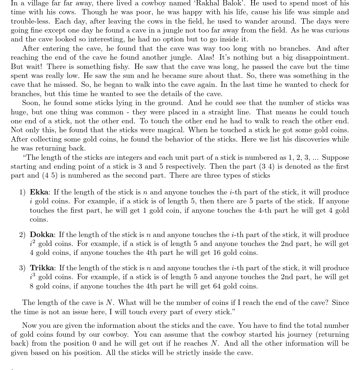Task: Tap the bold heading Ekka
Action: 39,192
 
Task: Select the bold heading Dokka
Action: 42,235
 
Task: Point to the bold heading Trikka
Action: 42,268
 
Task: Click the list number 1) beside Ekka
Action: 22,192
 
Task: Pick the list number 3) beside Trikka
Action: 22,268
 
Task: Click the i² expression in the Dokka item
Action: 33,243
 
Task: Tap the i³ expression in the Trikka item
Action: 33,276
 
